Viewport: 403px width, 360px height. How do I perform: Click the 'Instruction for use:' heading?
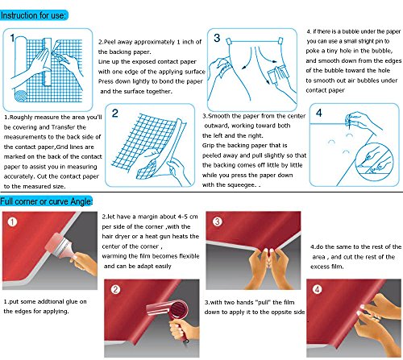click(33, 15)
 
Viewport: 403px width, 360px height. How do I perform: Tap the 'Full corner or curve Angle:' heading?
click(46, 201)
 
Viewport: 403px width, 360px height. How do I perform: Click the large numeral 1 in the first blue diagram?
click(12, 38)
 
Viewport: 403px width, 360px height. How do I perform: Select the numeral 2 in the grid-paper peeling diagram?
click(114, 114)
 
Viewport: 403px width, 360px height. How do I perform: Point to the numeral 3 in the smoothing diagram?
click(217, 38)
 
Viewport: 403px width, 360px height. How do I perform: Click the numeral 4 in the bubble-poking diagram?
click(319, 113)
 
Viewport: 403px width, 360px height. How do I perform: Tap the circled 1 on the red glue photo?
click(12, 221)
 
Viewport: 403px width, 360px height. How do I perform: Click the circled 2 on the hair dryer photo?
click(116, 289)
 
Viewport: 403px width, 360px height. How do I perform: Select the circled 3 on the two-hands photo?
click(218, 221)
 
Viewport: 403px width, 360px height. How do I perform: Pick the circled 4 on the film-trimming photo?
click(318, 289)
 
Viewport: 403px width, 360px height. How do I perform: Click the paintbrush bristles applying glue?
click(55, 242)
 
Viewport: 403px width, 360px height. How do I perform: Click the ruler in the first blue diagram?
click(48, 62)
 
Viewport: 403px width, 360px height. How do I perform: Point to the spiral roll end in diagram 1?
click(21, 95)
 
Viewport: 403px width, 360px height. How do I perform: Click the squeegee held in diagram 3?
click(276, 75)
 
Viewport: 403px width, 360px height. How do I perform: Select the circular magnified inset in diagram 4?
click(374, 162)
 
